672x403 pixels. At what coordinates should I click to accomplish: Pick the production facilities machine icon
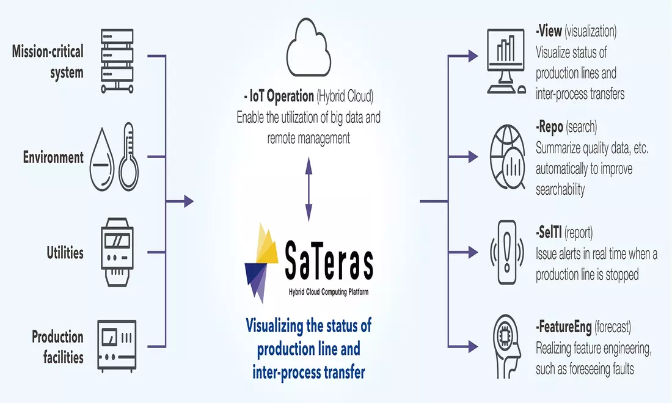coord(117,344)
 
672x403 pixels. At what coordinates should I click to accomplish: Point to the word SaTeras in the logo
coord(329,259)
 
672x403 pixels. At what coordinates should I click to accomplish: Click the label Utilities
coord(65,252)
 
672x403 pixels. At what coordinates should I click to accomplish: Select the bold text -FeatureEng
coord(563,327)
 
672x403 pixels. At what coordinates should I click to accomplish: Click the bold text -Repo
coord(550,128)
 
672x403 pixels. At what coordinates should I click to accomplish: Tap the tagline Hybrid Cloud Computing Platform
coord(329,292)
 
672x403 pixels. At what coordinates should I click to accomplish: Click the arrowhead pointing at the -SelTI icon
coord(473,250)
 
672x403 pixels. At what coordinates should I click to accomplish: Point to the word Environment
coord(54,158)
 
